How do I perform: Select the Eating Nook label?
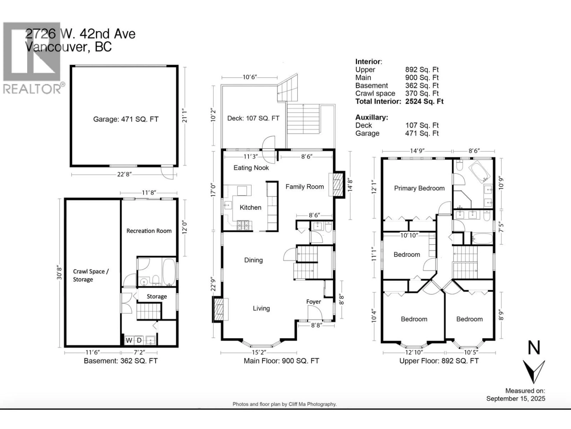point(251,168)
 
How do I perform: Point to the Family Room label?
point(305,187)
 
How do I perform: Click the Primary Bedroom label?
point(419,188)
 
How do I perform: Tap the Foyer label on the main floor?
point(314,302)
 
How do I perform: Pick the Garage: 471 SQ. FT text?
point(126,119)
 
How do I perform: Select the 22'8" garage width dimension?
point(124,175)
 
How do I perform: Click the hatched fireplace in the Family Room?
point(337,185)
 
